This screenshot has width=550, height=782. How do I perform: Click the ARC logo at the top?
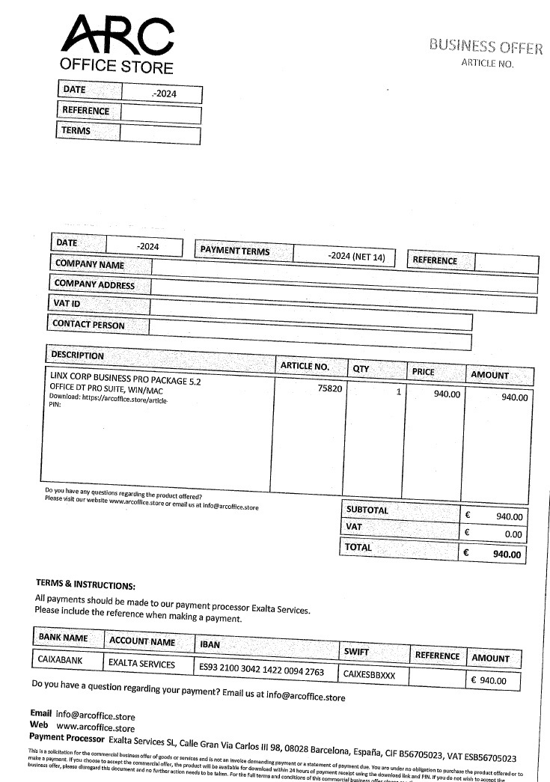coord(117,35)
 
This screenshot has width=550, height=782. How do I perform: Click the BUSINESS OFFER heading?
coord(486,47)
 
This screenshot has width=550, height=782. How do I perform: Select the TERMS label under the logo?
coord(76,131)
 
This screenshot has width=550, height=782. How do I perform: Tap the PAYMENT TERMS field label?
coord(235,251)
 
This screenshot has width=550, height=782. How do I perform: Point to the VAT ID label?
coord(67,303)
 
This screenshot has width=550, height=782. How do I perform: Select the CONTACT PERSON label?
coord(88,326)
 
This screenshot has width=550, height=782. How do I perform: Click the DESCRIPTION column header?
coord(77,355)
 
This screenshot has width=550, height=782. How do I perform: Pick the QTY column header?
coord(361,369)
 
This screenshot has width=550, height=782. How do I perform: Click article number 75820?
coord(329,389)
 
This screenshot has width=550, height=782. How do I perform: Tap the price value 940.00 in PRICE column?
coord(447,394)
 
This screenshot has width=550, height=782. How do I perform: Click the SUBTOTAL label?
coord(367,510)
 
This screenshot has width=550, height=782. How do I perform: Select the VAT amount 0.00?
coord(513,534)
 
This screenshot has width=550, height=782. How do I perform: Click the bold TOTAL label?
coord(358,548)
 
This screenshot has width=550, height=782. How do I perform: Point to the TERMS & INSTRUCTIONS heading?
coord(85,584)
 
